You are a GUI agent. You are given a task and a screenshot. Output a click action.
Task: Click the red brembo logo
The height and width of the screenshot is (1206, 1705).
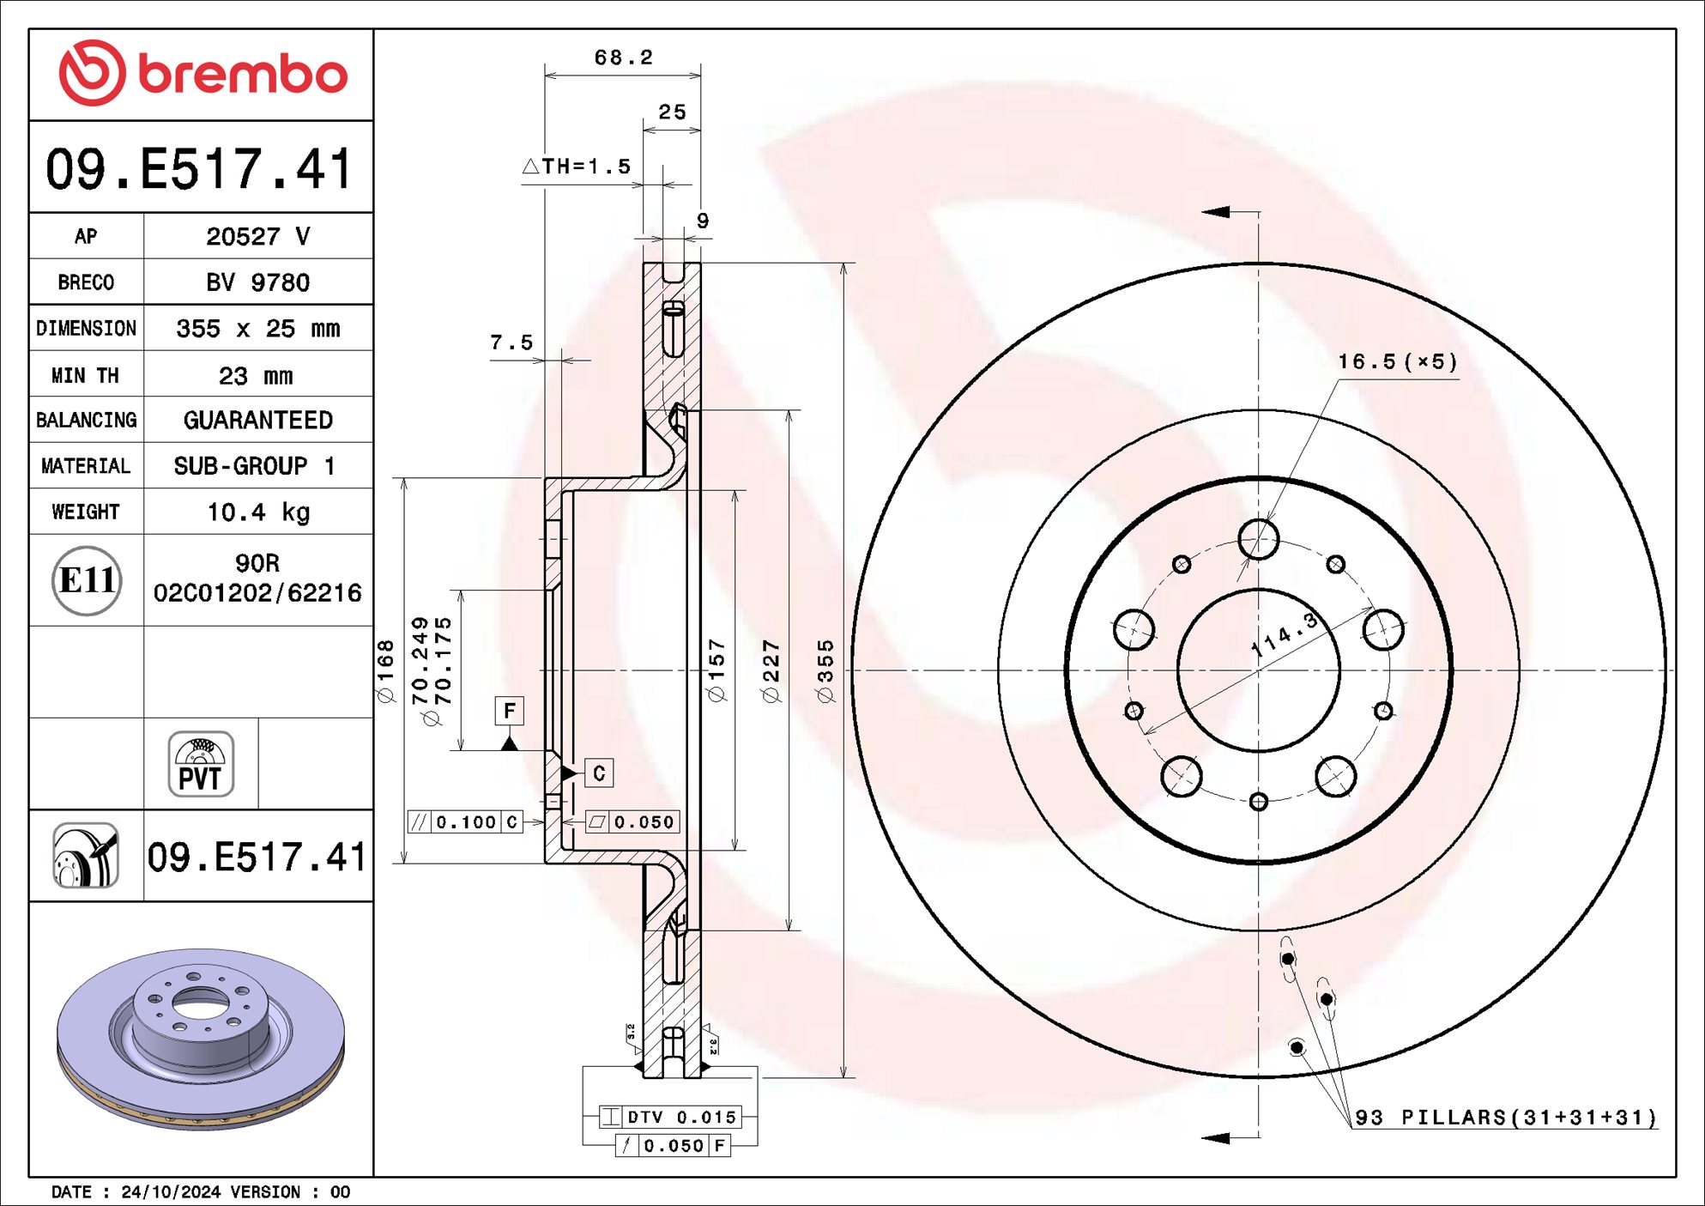[x=203, y=74]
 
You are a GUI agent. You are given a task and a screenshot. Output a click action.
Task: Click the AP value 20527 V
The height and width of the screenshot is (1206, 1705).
[x=257, y=236]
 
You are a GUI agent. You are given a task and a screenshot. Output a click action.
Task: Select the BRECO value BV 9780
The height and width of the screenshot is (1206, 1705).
[x=257, y=282]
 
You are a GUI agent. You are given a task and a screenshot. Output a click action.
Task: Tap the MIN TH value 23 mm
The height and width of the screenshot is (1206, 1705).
[x=256, y=376]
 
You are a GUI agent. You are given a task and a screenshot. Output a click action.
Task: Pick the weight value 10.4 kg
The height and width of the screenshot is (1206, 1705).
[x=257, y=512]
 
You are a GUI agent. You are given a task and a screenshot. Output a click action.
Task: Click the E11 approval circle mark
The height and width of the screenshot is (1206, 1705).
[x=87, y=581]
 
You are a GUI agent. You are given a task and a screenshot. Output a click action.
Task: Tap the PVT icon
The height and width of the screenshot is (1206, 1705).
[x=201, y=764]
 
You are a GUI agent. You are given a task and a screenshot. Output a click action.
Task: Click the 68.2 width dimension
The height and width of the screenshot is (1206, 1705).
[x=623, y=58]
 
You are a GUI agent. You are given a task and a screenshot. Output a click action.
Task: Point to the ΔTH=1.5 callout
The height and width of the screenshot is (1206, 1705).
[x=577, y=167]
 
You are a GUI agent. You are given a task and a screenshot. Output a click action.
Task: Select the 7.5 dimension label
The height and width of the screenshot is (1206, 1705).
[x=511, y=342]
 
